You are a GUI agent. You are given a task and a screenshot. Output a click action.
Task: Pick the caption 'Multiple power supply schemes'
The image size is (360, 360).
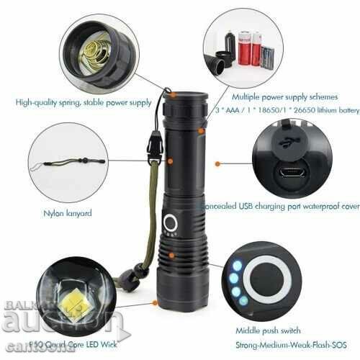[x=278, y=95]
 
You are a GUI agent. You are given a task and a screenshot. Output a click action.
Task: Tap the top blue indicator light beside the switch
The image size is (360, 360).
[x=235, y=266]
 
